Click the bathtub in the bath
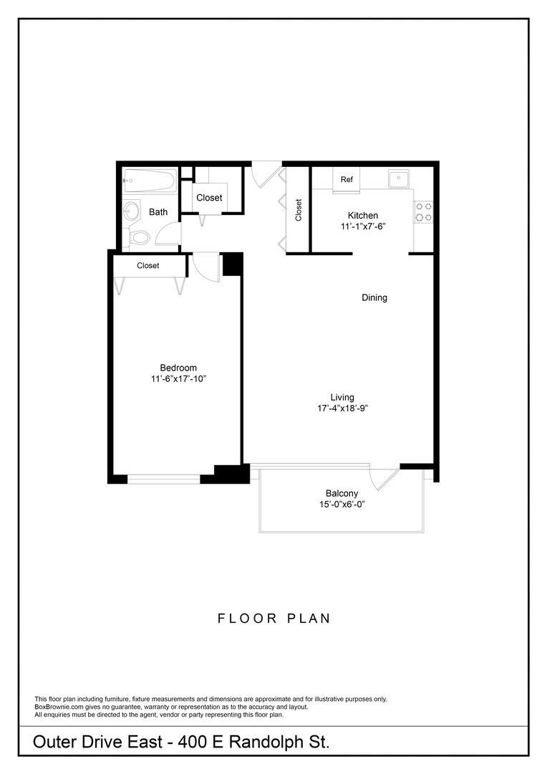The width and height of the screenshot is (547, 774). [149, 180]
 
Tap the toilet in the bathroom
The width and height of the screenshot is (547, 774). [139, 236]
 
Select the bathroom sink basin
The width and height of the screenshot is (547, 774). [132, 211]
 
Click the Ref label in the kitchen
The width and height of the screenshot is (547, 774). [347, 179]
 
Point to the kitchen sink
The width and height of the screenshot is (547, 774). [398, 178]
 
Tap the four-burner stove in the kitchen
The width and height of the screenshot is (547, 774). [423, 211]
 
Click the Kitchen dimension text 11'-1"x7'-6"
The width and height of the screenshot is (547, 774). [363, 226]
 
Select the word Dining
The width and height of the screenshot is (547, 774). [374, 297]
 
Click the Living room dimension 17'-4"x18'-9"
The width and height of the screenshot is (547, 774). [342, 408]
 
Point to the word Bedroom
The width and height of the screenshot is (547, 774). [178, 368]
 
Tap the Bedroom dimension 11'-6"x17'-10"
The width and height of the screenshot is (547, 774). [178, 378]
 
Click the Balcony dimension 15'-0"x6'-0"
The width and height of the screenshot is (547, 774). [342, 505]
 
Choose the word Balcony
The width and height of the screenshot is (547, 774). [342, 494]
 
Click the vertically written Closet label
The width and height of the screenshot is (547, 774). [299, 209]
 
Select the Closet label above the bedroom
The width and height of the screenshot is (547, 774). [148, 265]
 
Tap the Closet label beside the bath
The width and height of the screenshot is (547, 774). [209, 198]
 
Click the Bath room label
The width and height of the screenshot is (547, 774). [158, 212]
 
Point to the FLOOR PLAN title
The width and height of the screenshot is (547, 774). [274, 618]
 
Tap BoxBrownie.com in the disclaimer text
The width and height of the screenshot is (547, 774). [59, 707]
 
